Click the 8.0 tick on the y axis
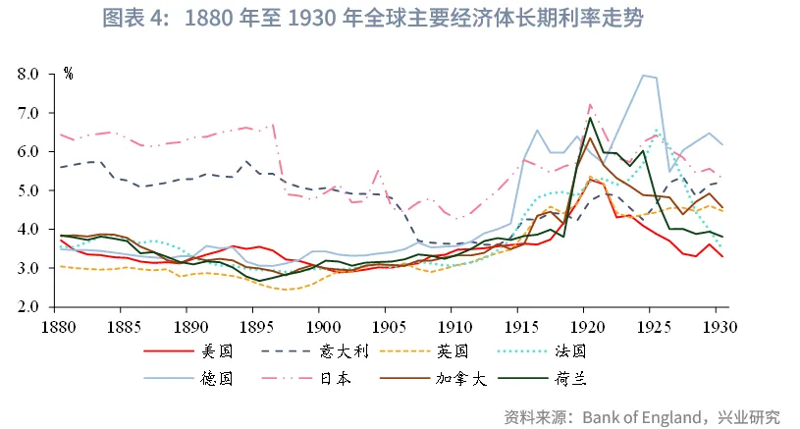click(28, 75)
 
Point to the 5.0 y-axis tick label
click(28, 190)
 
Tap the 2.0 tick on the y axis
click(28, 307)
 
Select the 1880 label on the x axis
click(60, 325)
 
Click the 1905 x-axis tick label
click(387, 325)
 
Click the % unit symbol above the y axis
click(68, 73)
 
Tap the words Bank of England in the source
click(638, 417)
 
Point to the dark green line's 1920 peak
click(590, 119)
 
